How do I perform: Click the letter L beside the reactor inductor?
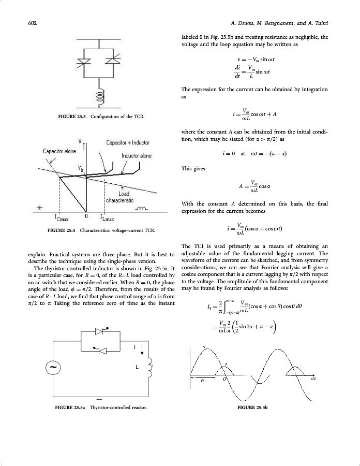pos(137,367)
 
